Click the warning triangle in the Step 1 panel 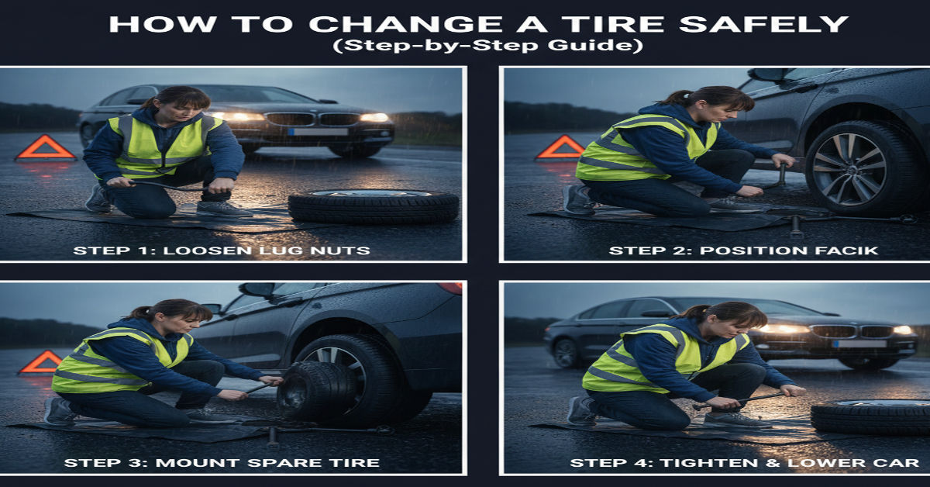click(x=46, y=148)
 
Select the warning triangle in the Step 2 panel click(x=561, y=147)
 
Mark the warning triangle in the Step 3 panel click(x=41, y=362)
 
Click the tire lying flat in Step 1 click(x=374, y=206)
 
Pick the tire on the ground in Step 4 click(x=870, y=416)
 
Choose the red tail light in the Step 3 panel click(x=450, y=288)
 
